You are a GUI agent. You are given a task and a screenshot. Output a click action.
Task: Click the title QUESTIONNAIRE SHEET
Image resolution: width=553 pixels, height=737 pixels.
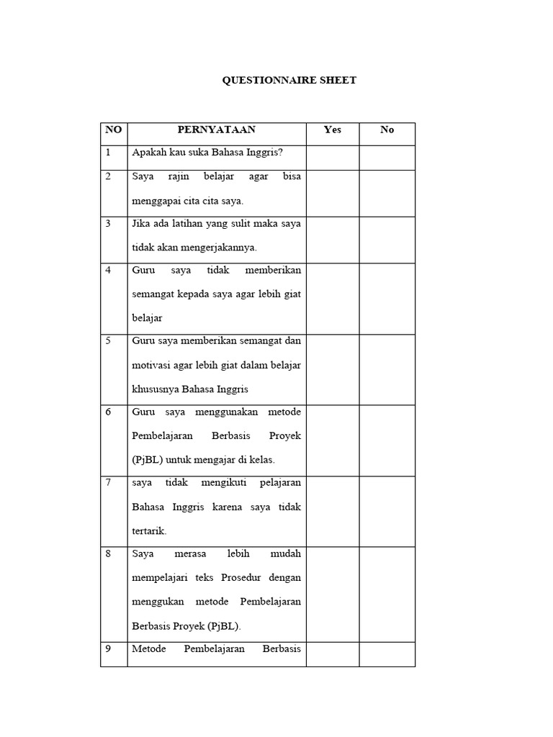pyautogui.click(x=289, y=81)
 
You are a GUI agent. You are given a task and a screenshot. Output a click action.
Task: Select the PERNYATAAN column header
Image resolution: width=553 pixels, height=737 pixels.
pyautogui.click(x=217, y=130)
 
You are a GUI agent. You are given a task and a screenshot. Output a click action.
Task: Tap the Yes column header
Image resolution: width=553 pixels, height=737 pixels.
pyautogui.click(x=333, y=130)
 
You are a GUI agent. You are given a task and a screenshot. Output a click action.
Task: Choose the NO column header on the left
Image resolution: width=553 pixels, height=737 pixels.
pyautogui.click(x=114, y=130)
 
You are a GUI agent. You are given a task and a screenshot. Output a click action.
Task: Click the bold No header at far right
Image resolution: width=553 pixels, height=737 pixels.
pyautogui.click(x=387, y=130)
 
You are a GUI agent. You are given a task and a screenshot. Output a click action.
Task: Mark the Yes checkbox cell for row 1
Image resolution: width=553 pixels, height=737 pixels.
pyautogui.click(x=333, y=158)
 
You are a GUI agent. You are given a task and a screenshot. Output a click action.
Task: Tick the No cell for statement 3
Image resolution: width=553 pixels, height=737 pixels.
pyautogui.click(x=387, y=240)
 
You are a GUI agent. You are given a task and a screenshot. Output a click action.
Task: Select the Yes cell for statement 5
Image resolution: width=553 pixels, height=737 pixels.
pyautogui.click(x=333, y=369)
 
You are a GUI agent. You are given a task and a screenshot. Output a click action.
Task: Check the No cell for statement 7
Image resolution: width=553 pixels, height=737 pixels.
pyautogui.click(x=387, y=511)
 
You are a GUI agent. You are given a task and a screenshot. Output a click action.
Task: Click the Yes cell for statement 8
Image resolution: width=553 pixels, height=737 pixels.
pyautogui.click(x=333, y=594)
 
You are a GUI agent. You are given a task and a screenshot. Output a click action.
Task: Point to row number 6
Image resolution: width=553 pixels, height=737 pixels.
pyautogui.click(x=109, y=412)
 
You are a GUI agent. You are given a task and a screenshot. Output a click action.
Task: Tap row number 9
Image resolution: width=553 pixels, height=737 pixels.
pyautogui.click(x=109, y=648)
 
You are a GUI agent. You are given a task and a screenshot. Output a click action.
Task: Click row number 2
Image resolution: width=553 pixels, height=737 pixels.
pyautogui.click(x=109, y=176)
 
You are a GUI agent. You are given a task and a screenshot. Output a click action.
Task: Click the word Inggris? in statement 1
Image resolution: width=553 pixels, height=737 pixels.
pyautogui.click(x=264, y=153)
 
